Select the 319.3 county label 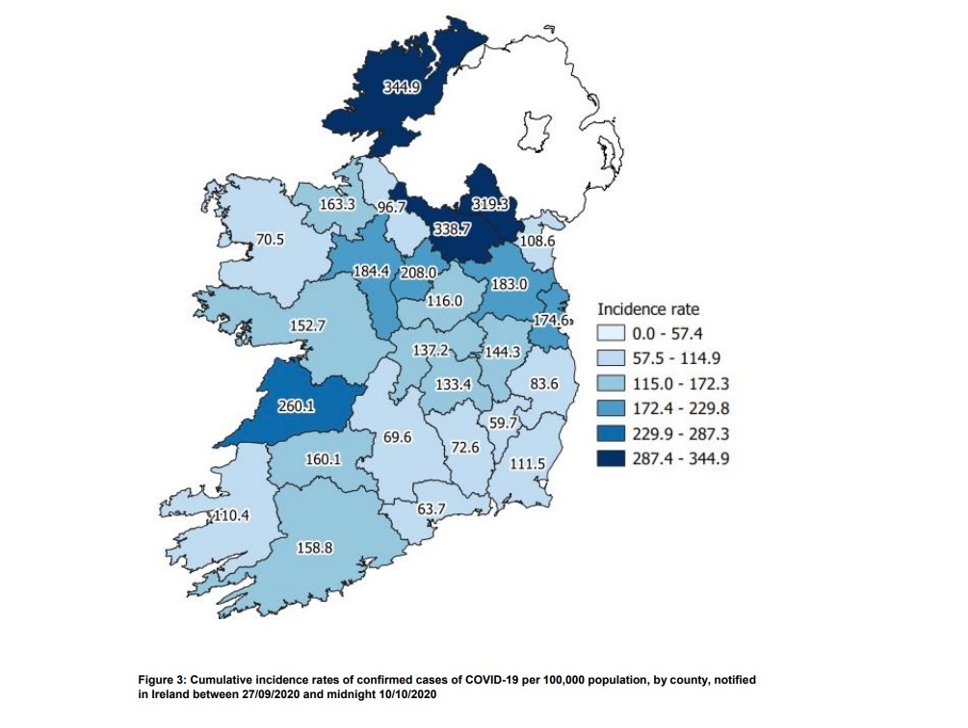click(490, 205)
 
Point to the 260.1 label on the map click(297, 405)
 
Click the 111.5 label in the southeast click(528, 463)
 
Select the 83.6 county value click(544, 382)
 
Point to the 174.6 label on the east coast click(553, 319)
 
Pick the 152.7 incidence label click(309, 325)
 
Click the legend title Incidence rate click(648, 310)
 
